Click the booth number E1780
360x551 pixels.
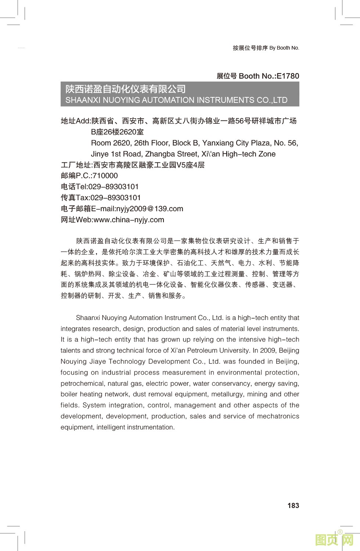(x=288, y=76)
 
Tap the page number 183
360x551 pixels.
(x=293, y=505)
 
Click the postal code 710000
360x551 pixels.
(x=105, y=176)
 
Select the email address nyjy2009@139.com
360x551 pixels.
(x=150, y=209)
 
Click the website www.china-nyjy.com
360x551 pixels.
(x=129, y=220)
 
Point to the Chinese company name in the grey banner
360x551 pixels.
(x=126, y=89)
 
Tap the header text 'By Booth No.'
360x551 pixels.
(x=284, y=48)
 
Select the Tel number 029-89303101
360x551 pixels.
(x=114, y=187)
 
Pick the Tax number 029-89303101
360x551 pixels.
(x=116, y=198)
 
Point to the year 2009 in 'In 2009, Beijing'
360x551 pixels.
(x=267, y=350)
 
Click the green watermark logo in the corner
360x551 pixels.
(x=334, y=540)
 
